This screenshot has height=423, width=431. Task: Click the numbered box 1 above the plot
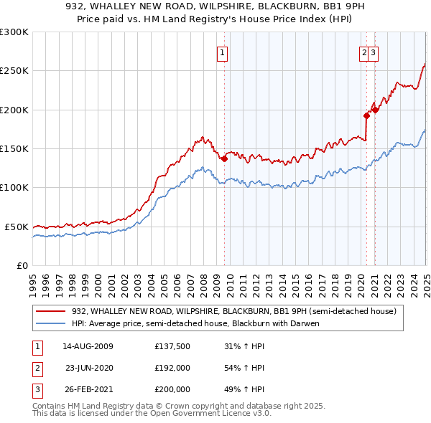pyautogui.click(x=222, y=52)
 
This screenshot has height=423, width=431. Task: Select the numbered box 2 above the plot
pyautogui.click(x=365, y=52)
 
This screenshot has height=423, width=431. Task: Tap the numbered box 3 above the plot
pyautogui.click(x=375, y=52)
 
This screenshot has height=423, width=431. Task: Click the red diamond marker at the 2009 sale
pyautogui.click(x=224, y=158)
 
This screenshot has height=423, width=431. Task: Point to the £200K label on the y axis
pyautogui.click(x=14, y=110)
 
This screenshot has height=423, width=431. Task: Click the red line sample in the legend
pyautogui.click(x=51, y=311)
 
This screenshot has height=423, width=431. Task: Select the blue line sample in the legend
pyautogui.click(x=51, y=323)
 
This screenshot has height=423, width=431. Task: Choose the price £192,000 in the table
pyautogui.click(x=172, y=369)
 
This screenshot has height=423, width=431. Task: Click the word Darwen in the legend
pyautogui.click(x=302, y=323)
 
